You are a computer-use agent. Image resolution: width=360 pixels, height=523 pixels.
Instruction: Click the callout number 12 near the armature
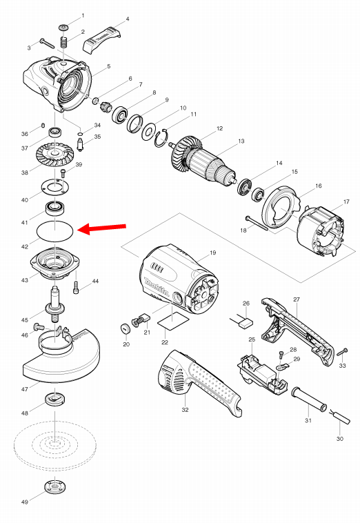[x=219, y=129]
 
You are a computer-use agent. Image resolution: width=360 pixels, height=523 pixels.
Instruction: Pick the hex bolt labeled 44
[x=76, y=287]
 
